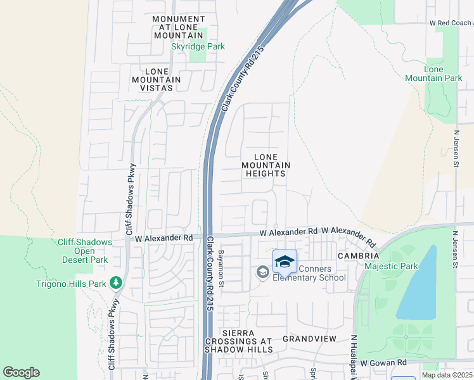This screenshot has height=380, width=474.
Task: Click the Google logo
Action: [21, 372]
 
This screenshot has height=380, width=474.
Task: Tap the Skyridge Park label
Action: [198, 47]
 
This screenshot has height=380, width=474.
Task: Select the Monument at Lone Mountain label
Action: [179, 28]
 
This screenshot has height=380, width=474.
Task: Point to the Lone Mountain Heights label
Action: [266, 165]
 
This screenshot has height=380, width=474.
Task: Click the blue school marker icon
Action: [285, 262]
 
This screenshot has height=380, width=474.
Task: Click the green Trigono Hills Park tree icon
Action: [115, 282]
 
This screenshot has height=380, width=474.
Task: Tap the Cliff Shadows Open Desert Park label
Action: [84, 251]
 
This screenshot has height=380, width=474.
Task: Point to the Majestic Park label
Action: [391, 267]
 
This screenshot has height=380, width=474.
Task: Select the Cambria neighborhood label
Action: [358, 256]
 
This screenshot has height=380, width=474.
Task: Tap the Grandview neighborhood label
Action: [309, 339]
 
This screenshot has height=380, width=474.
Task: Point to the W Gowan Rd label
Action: [383, 362]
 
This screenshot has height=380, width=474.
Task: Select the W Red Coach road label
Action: [451, 23]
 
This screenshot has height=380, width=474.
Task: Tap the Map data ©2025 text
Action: [447, 375]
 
